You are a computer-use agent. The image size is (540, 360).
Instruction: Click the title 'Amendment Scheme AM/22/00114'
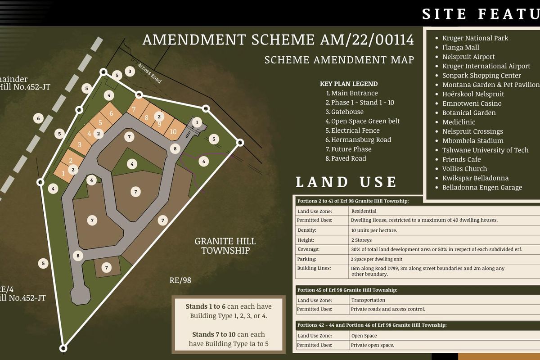[278, 40]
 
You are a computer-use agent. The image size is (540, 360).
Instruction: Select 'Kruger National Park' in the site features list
[475, 38]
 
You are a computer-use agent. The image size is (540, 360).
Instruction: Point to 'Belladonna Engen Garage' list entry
[482, 188]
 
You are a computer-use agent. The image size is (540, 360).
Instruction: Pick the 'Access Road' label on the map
[150, 72]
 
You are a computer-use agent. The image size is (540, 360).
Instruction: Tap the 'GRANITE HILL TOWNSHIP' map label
[225, 246]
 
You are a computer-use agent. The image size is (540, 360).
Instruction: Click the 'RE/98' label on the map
[180, 280]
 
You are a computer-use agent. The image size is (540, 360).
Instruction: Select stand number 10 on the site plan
[173, 132]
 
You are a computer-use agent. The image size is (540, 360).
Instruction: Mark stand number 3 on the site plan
[80, 144]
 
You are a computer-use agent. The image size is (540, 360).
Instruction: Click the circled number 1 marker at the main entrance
[197, 122]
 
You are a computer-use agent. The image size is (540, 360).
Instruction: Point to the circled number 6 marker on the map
[39, 118]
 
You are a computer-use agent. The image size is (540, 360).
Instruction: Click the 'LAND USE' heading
[346, 182]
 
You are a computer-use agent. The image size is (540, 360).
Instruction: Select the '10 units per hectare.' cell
[374, 230]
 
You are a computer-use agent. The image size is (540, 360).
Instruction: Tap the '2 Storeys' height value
[361, 240]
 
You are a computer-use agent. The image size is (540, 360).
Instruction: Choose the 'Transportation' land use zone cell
[368, 300]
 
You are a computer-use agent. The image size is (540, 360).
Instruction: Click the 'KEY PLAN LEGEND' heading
[349, 84]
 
